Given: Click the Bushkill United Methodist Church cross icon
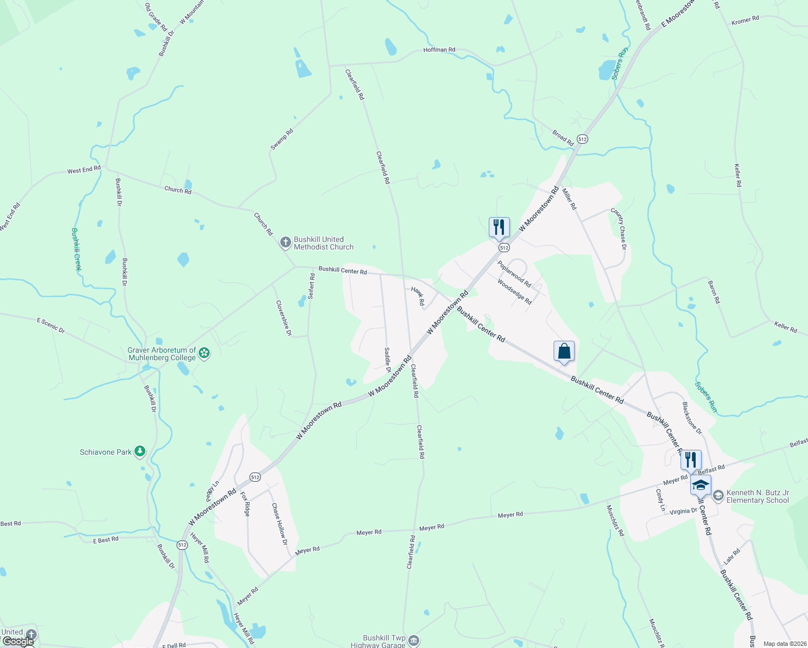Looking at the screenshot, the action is click(x=286, y=242).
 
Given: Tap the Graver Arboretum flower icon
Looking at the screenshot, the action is click(x=204, y=354).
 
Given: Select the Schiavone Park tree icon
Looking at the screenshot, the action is click(x=140, y=451).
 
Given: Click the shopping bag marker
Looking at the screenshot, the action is click(x=564, y=352).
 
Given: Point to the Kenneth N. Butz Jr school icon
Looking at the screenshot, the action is click(x=718, y=496).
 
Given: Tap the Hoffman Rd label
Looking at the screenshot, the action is click(x=439, y=50).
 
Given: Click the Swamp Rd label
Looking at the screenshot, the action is click(x=281, y=139).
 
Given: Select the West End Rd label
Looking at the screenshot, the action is click(x=84, y=170).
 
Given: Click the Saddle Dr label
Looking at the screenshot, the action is click(x=387, y=360).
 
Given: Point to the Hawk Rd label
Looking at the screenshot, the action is click(x=418, y=296).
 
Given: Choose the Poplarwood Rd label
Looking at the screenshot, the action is click(x=514, y=274).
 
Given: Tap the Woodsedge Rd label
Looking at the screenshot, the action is click(x=514, y=292).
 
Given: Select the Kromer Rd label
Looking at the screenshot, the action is click(x=745, y=21).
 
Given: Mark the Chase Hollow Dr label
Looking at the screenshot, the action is click(x=279, y=524).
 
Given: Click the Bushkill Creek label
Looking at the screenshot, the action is click(x=76, y=249).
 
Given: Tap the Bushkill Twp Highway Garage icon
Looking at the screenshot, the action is click(x=413, y=641).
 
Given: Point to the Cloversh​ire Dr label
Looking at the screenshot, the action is click(x=284, y=318).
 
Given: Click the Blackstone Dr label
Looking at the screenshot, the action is click(x=691, y=418).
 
